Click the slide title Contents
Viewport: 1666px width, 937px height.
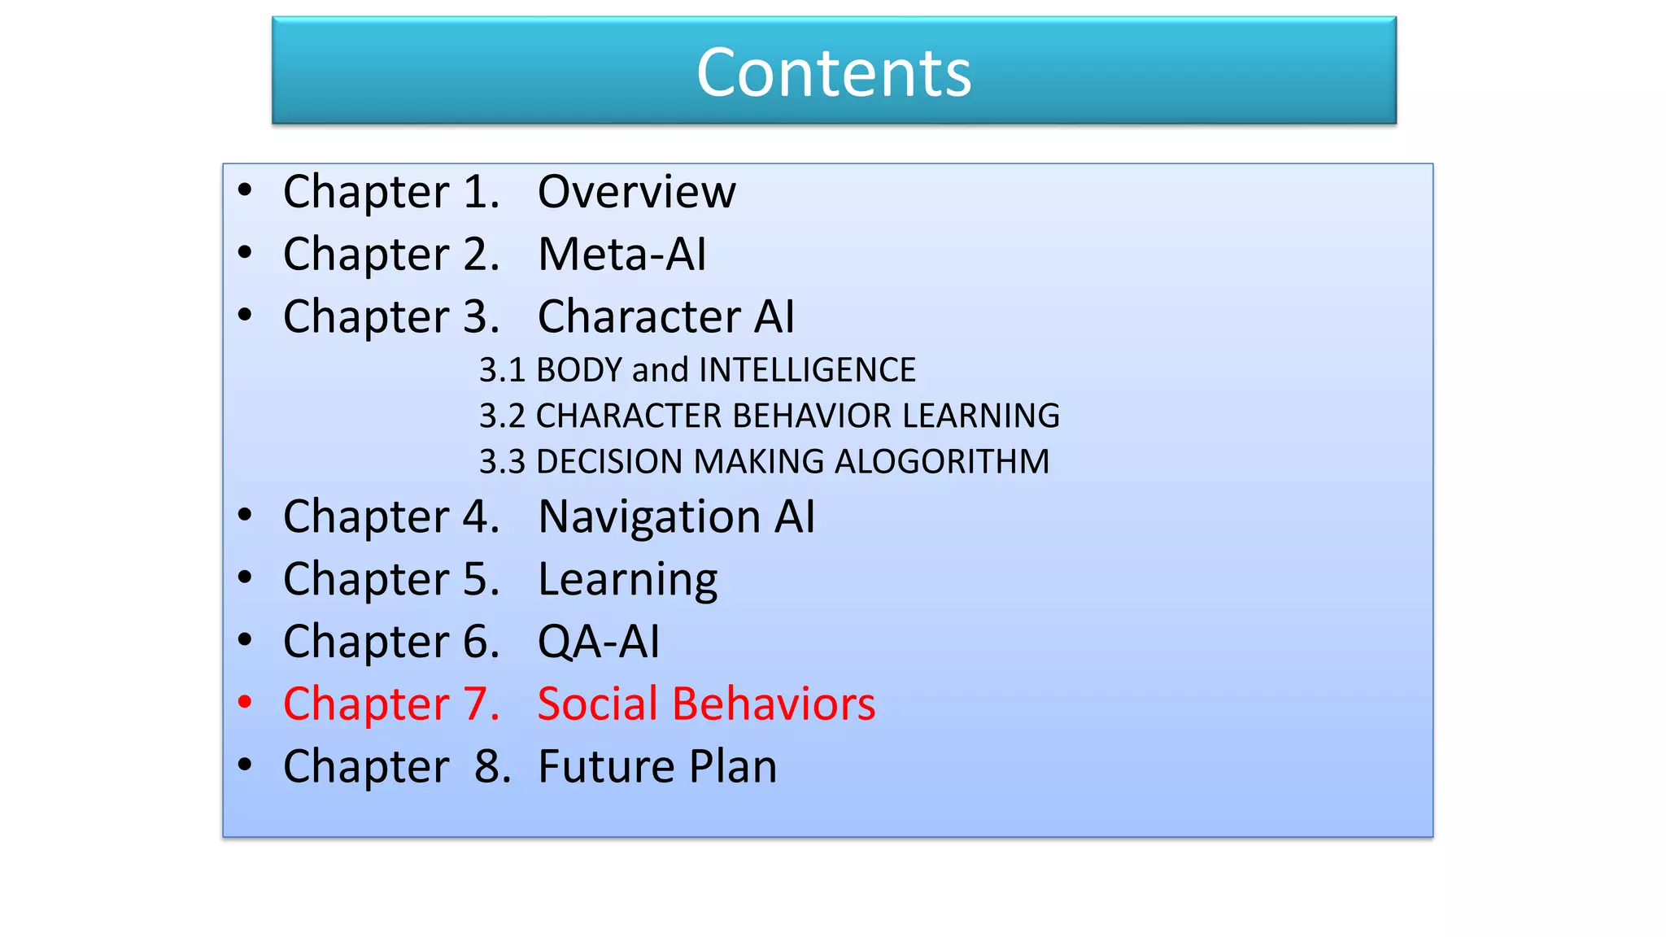tap(834, 72)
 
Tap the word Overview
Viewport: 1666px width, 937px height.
tap(637, 192)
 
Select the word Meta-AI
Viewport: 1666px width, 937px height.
tap(622, 254)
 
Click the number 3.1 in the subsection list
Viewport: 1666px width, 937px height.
tap(502, 370)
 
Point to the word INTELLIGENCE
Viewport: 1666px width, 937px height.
tap(807, 370)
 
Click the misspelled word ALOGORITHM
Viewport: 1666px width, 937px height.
tap(942, 462)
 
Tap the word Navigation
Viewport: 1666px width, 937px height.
tap(650, 517)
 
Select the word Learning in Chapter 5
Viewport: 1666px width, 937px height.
tap(627, 580)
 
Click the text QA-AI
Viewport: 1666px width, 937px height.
tap(599, 642)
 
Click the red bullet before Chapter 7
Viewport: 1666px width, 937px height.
tap(245, 702)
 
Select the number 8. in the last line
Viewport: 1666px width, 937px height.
tap(493, 766)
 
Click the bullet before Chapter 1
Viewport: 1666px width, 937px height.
tap(245, 190)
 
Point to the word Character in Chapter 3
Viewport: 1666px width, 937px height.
tap(638, 316)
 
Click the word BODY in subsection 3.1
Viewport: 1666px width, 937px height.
tap(579, 370)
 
